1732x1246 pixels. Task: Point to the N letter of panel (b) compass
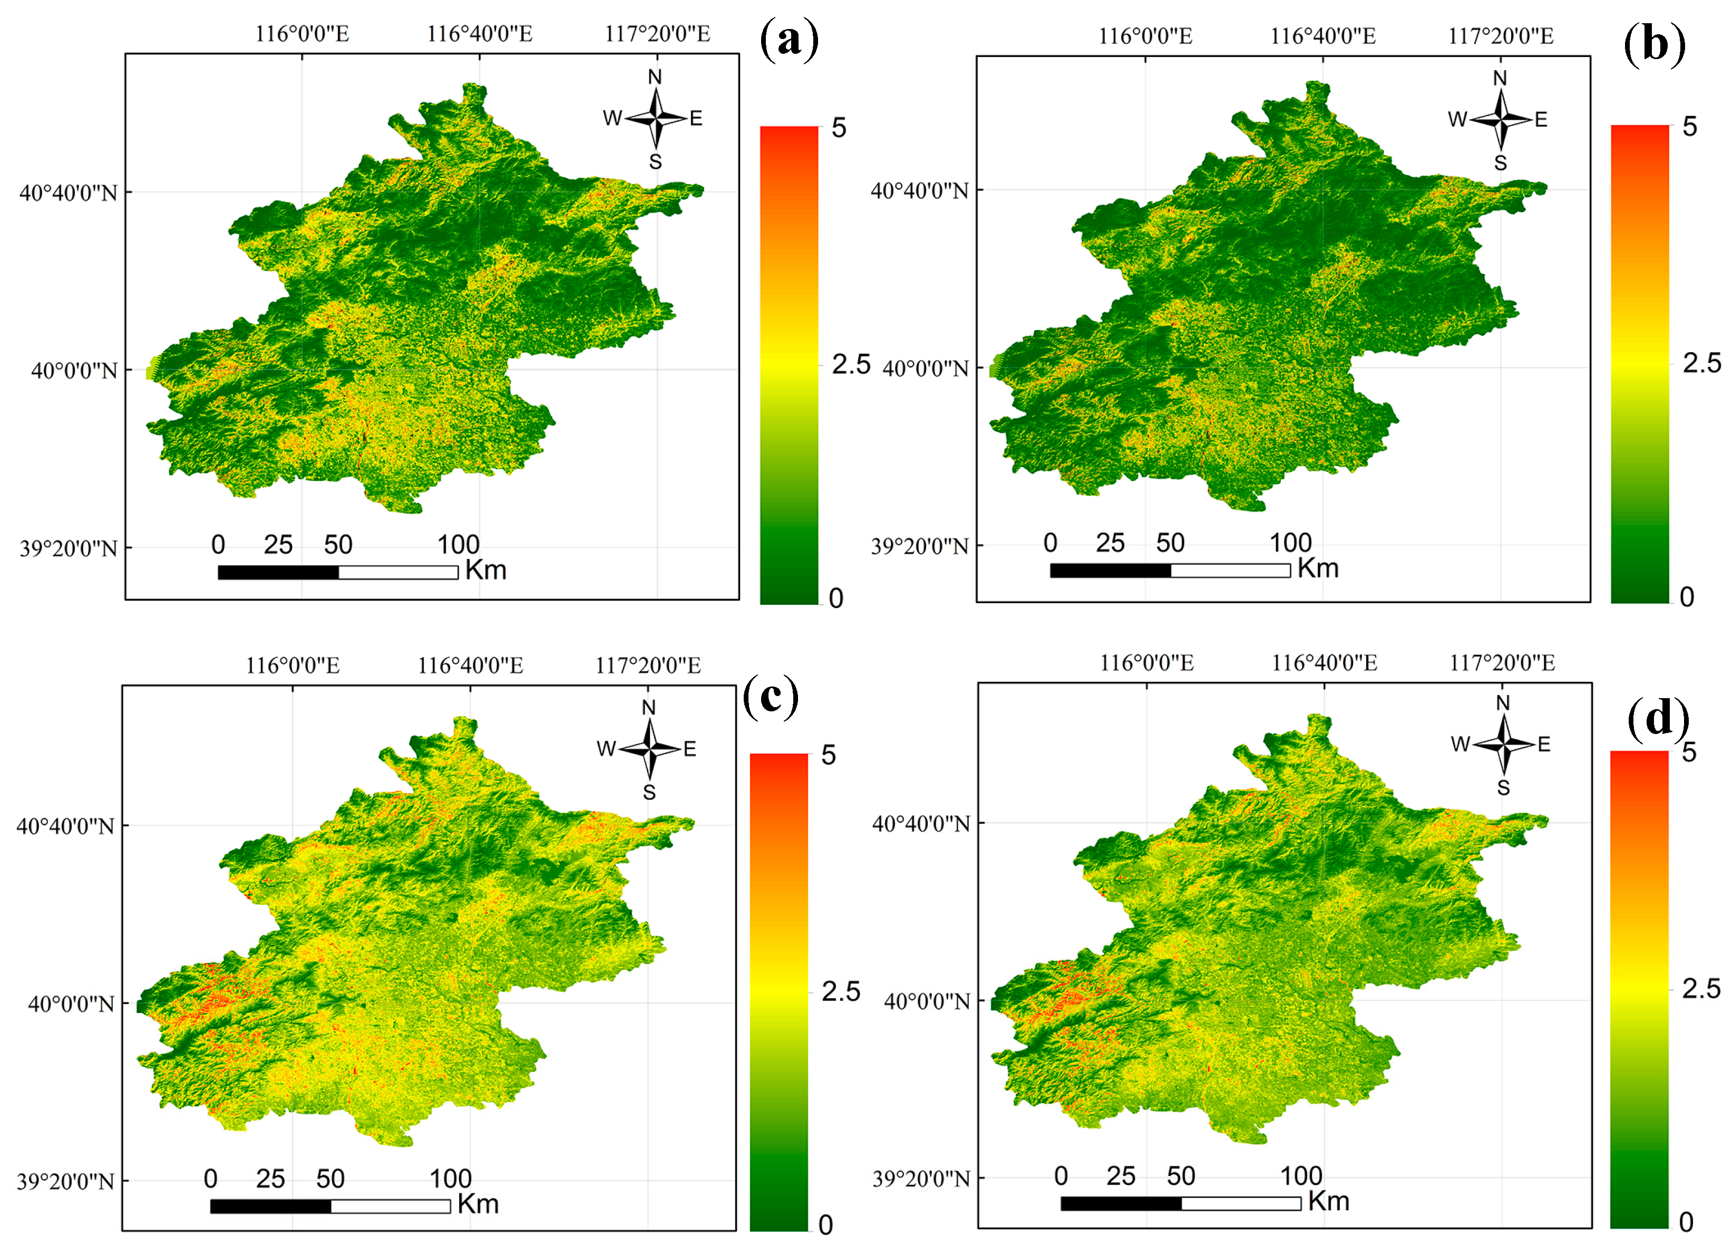1500,78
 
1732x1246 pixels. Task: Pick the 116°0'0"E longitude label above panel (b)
1145,36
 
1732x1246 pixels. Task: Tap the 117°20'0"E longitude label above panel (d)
1502,662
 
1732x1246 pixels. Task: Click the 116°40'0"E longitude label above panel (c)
470,665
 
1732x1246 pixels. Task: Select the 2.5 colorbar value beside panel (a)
851,364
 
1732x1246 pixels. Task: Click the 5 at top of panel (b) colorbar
1689,127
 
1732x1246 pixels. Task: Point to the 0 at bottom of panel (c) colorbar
825,1224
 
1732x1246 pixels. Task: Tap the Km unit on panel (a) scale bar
485,570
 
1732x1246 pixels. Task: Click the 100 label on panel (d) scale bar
1301,1176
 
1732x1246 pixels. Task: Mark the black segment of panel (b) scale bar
1110,570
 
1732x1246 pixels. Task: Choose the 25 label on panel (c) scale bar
270,1179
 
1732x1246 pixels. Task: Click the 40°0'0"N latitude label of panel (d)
926,1001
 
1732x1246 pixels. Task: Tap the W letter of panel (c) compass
606,749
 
